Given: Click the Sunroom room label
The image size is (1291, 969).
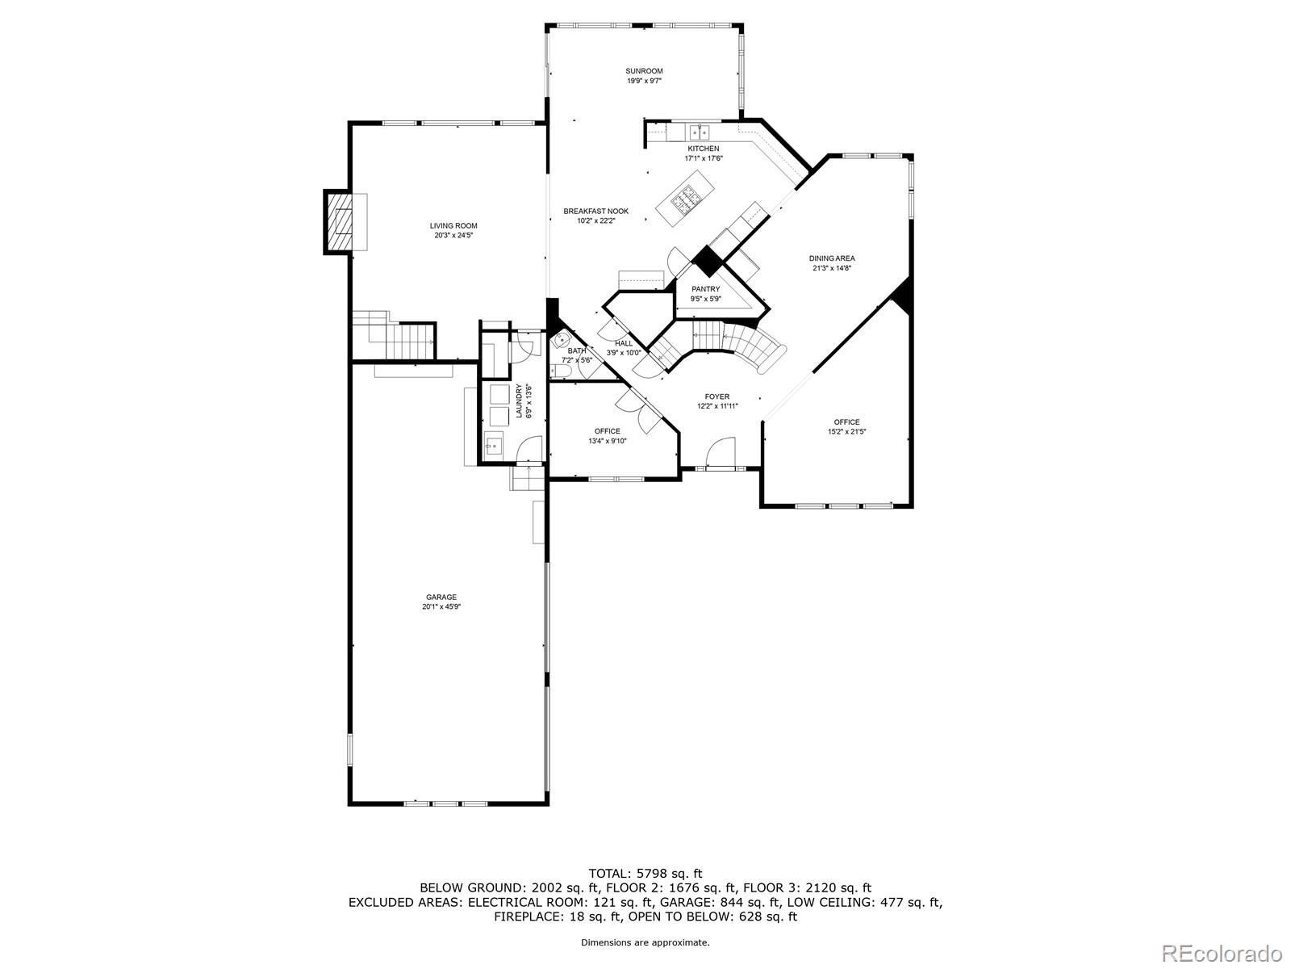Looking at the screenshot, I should point(644,71).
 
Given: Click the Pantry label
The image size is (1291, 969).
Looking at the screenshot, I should point(705,289).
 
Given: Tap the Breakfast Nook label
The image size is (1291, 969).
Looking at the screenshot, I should point(595,212).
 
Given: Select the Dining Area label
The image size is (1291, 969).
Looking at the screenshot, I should point(832,258).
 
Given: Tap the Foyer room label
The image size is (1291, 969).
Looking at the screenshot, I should point(717,396).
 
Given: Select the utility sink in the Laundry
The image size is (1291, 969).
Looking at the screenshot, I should point(494,445).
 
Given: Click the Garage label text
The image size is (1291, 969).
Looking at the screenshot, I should point(441,598).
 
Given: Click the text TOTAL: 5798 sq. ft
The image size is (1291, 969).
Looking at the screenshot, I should point(645,873).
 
